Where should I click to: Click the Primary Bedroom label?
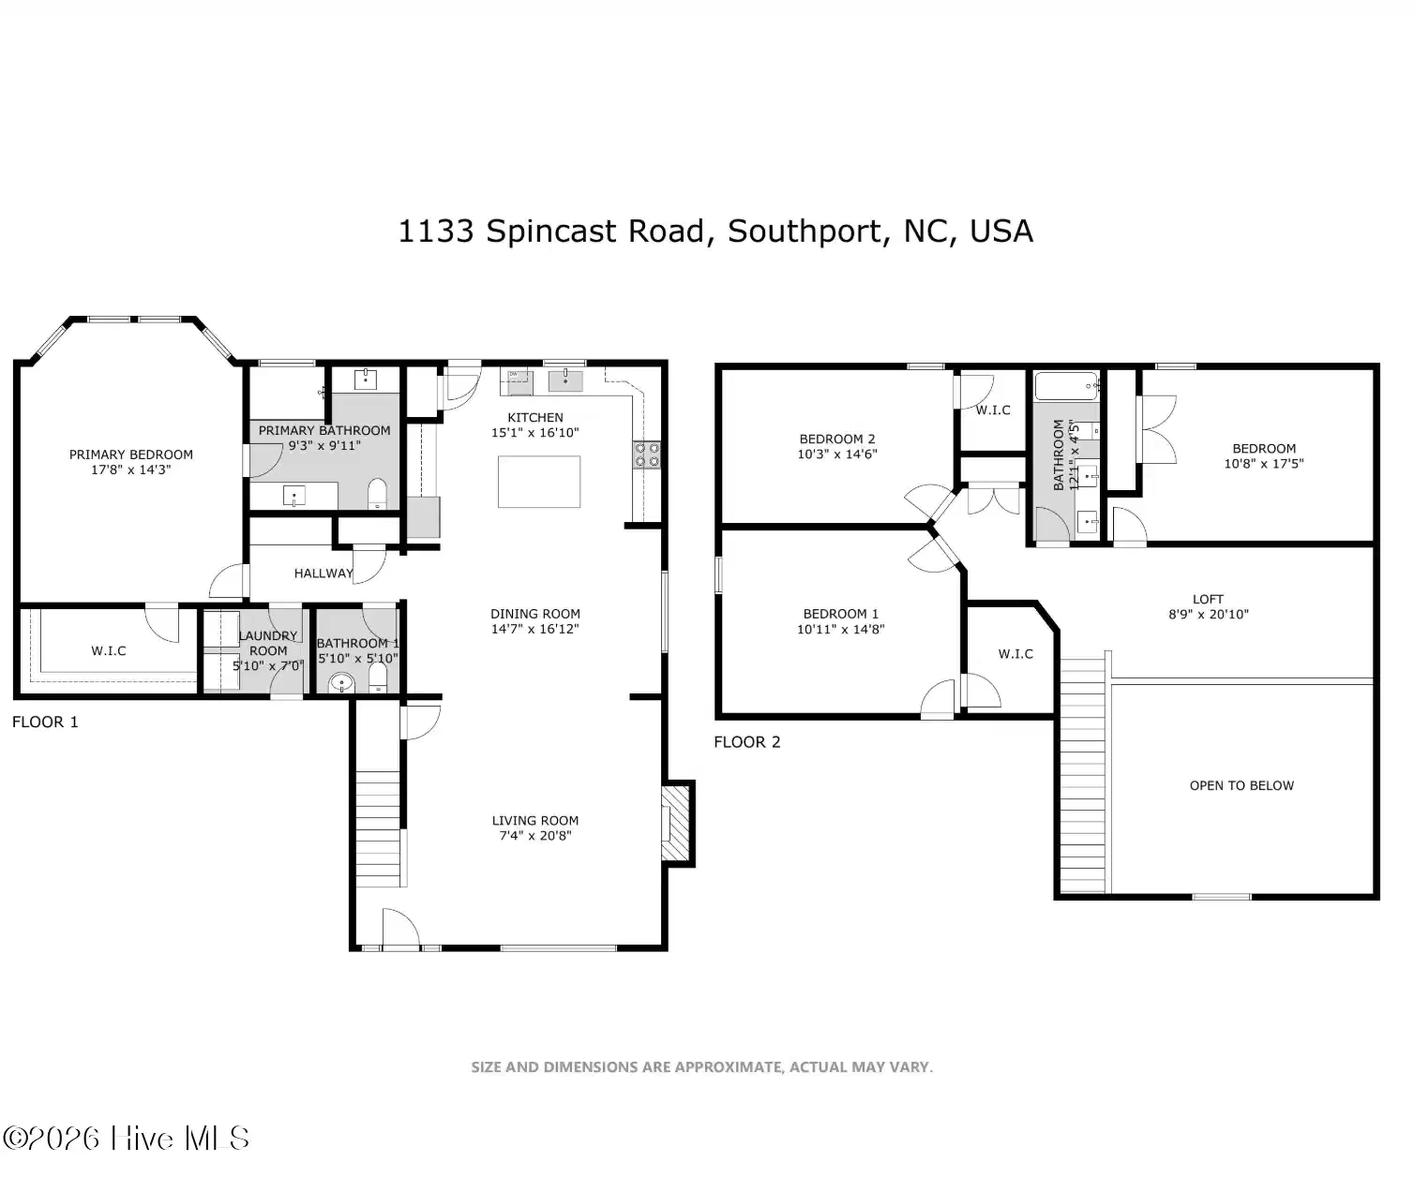click(130, 454)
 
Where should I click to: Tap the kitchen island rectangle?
click(539, 482)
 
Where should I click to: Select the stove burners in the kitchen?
click(647, 454)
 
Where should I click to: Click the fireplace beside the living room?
click(677, 823)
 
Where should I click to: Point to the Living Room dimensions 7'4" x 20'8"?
click(535, 835)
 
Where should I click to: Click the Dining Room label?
click(535, 613)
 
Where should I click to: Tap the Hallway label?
click(323, 574)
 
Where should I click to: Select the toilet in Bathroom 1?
click(378, 678)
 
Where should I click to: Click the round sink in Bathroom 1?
click(342, 683)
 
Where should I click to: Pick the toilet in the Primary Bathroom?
click(377, 494)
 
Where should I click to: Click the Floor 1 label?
click(45, 722)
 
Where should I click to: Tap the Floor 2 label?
click(747, 742)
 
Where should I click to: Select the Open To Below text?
click(1241, 785)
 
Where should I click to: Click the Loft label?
click(1208, 599)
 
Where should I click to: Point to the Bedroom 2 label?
click(837, 439)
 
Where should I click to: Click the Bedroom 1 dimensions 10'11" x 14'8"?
click(840, 629)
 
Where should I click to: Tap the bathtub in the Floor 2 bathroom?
click(1066, 386)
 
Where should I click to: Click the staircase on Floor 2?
click(1082, 776)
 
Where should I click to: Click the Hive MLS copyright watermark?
click(126, 1138)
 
